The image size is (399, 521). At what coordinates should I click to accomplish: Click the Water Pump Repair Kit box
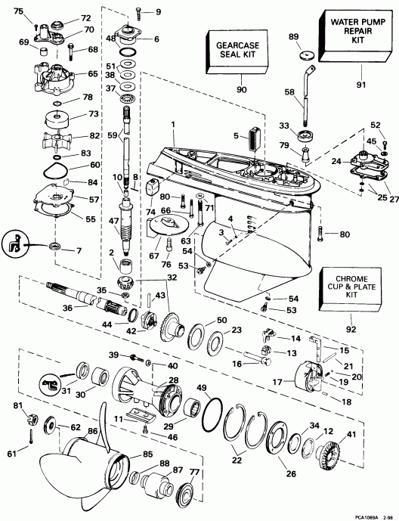point(354,34)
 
